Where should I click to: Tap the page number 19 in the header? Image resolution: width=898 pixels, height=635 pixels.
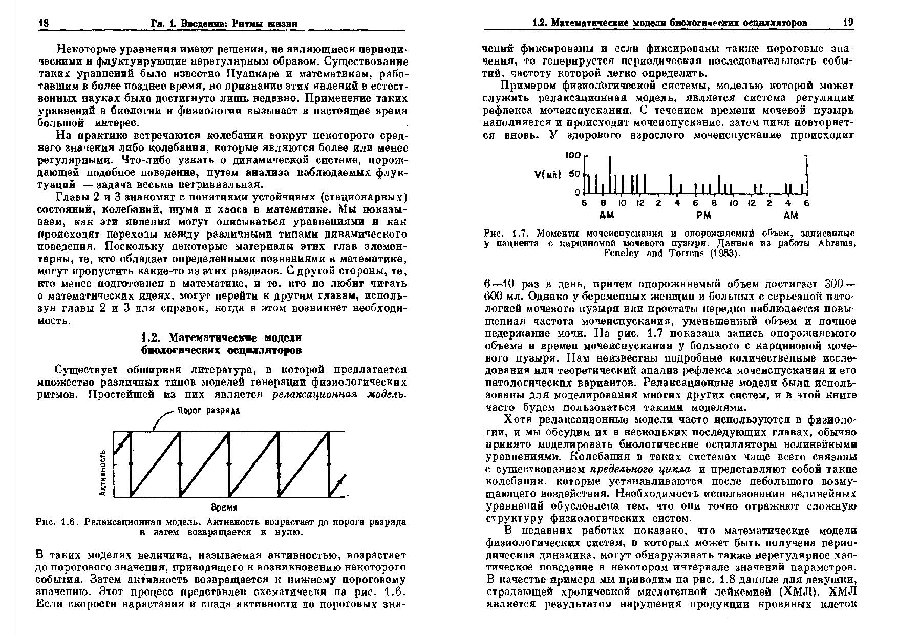tap(848, 23)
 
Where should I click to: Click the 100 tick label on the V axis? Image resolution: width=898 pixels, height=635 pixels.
tap(573, 155)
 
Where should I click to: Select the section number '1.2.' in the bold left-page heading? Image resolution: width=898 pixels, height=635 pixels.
tap(152, 338)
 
